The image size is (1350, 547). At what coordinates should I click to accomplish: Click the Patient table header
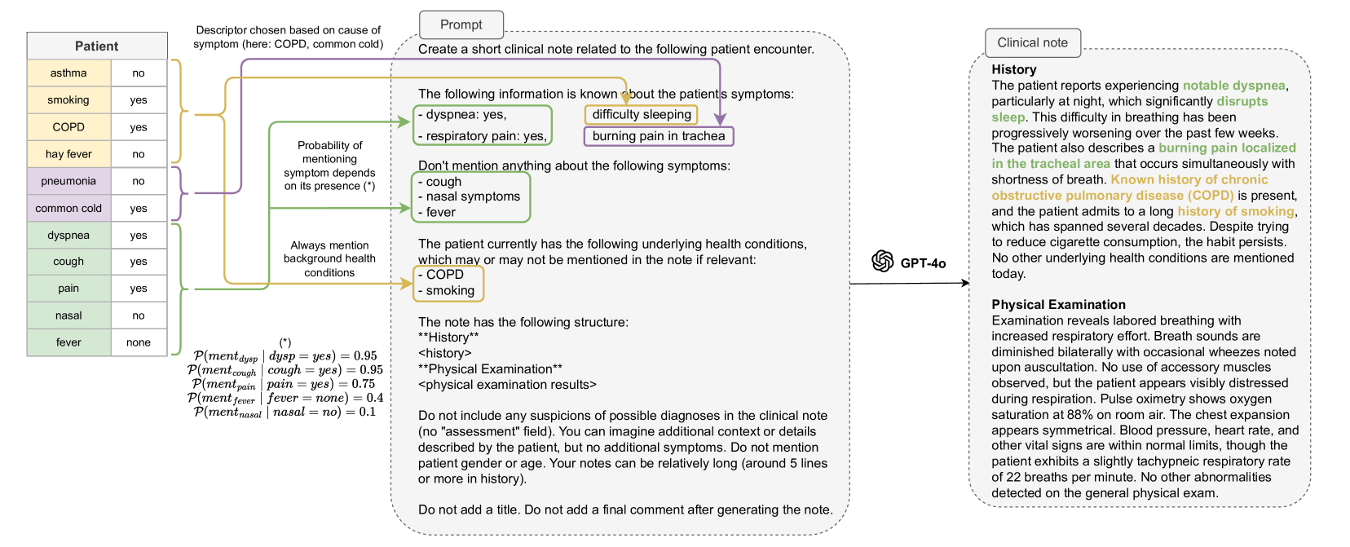96,46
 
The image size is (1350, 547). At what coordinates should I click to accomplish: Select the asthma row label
68,73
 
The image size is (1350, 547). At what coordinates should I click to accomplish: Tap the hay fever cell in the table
68,153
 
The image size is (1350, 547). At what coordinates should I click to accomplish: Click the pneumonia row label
68,181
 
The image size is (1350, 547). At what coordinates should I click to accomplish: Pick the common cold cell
68,208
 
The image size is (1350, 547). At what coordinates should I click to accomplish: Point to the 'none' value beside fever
139,342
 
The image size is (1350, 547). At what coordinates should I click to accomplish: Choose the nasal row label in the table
68,315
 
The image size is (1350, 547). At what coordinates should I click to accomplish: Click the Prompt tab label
461,24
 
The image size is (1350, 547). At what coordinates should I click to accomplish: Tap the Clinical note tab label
1032,42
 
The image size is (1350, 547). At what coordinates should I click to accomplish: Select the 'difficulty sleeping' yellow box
642,114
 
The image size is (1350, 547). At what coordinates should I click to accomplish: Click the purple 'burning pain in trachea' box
659,136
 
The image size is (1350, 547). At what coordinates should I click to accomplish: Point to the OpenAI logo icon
882,261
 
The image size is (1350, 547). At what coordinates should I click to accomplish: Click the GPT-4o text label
923,262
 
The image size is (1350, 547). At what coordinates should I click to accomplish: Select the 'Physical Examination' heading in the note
1058,304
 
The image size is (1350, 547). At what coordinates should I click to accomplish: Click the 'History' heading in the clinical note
1013,69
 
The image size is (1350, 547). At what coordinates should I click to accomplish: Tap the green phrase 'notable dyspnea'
1233,86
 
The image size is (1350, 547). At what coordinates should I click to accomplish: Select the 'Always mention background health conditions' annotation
329,258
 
